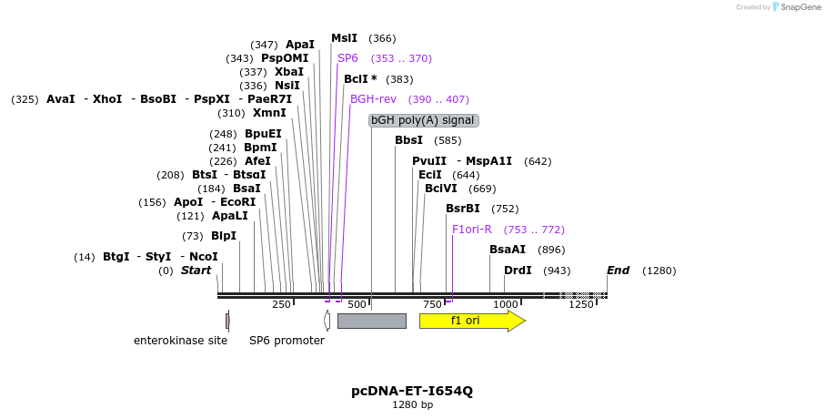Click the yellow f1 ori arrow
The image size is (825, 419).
point(471,321)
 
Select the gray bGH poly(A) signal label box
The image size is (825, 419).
point(423,120)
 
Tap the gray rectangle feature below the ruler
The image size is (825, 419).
point(371,321)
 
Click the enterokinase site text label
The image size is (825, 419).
point(180,341)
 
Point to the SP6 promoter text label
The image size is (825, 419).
point(287,341)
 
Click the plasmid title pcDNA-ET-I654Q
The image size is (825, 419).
point(412,391)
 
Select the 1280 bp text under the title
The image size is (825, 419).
point(412,404)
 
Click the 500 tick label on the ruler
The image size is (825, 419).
point(357,304)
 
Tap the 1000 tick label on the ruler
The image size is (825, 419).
point(505,304)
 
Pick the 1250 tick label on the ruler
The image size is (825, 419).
point(580,304)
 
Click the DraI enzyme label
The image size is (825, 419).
point(518,271)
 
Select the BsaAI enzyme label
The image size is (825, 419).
point(508,250)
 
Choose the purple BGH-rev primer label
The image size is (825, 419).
point(373,99)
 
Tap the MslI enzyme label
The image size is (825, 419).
point(344,38)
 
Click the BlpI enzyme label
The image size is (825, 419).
point(224,236)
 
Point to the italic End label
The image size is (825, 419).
point(619,271)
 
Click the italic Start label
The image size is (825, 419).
point(196,271)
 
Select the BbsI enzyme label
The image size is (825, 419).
point(408,140)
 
